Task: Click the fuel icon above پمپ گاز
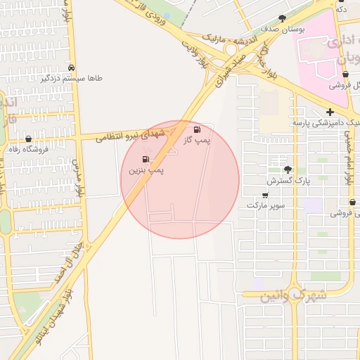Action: [x=196, y=129]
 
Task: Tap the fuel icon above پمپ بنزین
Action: [x=146, y=160]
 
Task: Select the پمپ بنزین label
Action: [x=146, y=171]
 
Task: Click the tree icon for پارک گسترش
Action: [x=287, y=169]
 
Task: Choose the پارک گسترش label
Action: [x=288, y=181]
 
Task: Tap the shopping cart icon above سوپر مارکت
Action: [x=264, y=195]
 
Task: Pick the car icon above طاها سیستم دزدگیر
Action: [x=72, y=67]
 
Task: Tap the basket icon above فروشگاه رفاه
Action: [x=28, y=139]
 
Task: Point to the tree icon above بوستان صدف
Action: [x=283, y=18]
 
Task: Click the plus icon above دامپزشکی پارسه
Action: [x=330, y=112]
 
